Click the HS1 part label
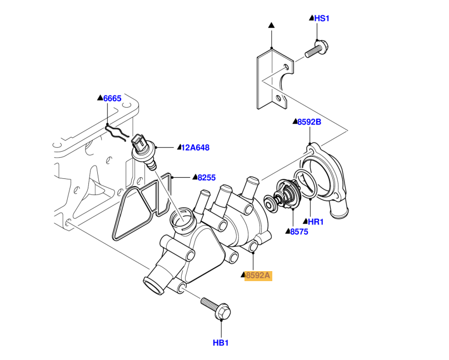[322, 18]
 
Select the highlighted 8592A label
[258, 275]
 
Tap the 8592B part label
[309, 122]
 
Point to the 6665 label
[112, 98]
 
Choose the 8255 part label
[206, 178]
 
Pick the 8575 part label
[298, 231]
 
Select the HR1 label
[315, 222]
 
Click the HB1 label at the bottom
[221, 343]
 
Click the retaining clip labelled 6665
[117, 133]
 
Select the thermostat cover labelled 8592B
[328, 178]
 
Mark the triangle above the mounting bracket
[271, 26]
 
